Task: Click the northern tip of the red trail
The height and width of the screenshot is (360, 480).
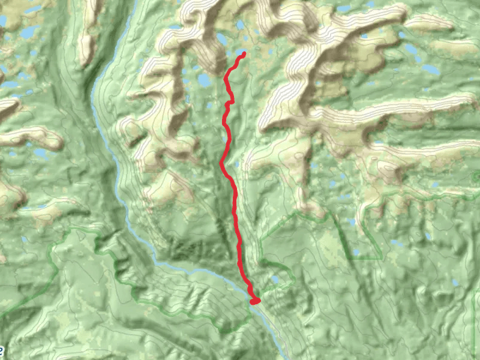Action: (244, 54)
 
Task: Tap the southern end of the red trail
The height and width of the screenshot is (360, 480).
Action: (254, 301)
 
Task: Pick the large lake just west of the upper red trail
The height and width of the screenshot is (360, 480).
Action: (204, 80)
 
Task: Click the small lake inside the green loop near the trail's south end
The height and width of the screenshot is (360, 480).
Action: (275, 279)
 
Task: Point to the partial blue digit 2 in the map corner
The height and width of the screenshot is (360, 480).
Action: (2, 350)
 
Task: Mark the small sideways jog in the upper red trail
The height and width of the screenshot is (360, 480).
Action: (229, 104)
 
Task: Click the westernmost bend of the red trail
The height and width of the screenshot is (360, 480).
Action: (222, 163)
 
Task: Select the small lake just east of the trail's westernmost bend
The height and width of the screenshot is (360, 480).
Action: (237, 164)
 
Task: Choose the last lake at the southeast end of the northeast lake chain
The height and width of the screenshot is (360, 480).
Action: (430, 70)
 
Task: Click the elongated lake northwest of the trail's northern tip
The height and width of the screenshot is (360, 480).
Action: (222, 39)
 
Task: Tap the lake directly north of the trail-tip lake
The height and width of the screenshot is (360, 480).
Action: (241, 26)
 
